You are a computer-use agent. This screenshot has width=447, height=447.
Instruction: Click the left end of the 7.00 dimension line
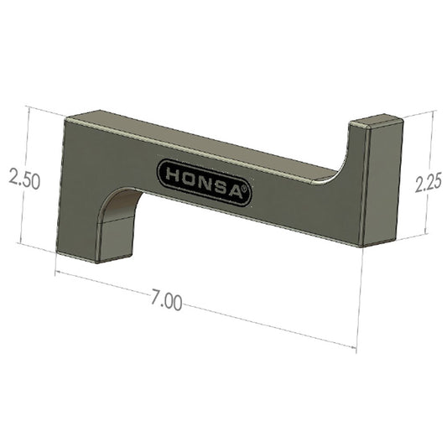[56, 273]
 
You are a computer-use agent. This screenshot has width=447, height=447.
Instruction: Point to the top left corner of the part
[67, 117]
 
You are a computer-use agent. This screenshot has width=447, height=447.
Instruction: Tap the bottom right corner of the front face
[361, 245]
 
